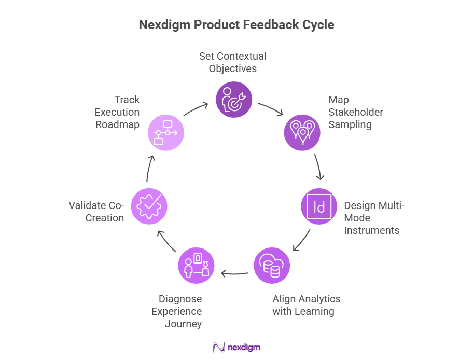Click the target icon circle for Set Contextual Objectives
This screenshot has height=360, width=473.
point(234,99)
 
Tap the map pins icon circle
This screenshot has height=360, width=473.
point(302,132)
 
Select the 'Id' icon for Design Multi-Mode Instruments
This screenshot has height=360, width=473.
point(319,206)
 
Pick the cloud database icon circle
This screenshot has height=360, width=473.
point(272,266)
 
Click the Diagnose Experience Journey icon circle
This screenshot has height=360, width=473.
point(196,266)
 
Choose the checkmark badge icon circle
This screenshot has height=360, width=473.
point(149,206)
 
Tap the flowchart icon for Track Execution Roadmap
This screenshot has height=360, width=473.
point(166,132)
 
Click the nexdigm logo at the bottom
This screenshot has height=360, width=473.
point(236,347)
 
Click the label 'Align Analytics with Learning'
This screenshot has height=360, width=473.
point(307,305)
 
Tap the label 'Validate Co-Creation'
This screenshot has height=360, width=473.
point(97,212)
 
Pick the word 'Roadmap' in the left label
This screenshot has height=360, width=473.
point(117,124)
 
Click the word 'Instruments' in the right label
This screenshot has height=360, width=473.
point(371,230)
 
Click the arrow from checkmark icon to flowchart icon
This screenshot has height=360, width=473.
point(149,168)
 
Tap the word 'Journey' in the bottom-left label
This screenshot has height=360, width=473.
point(183,324)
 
